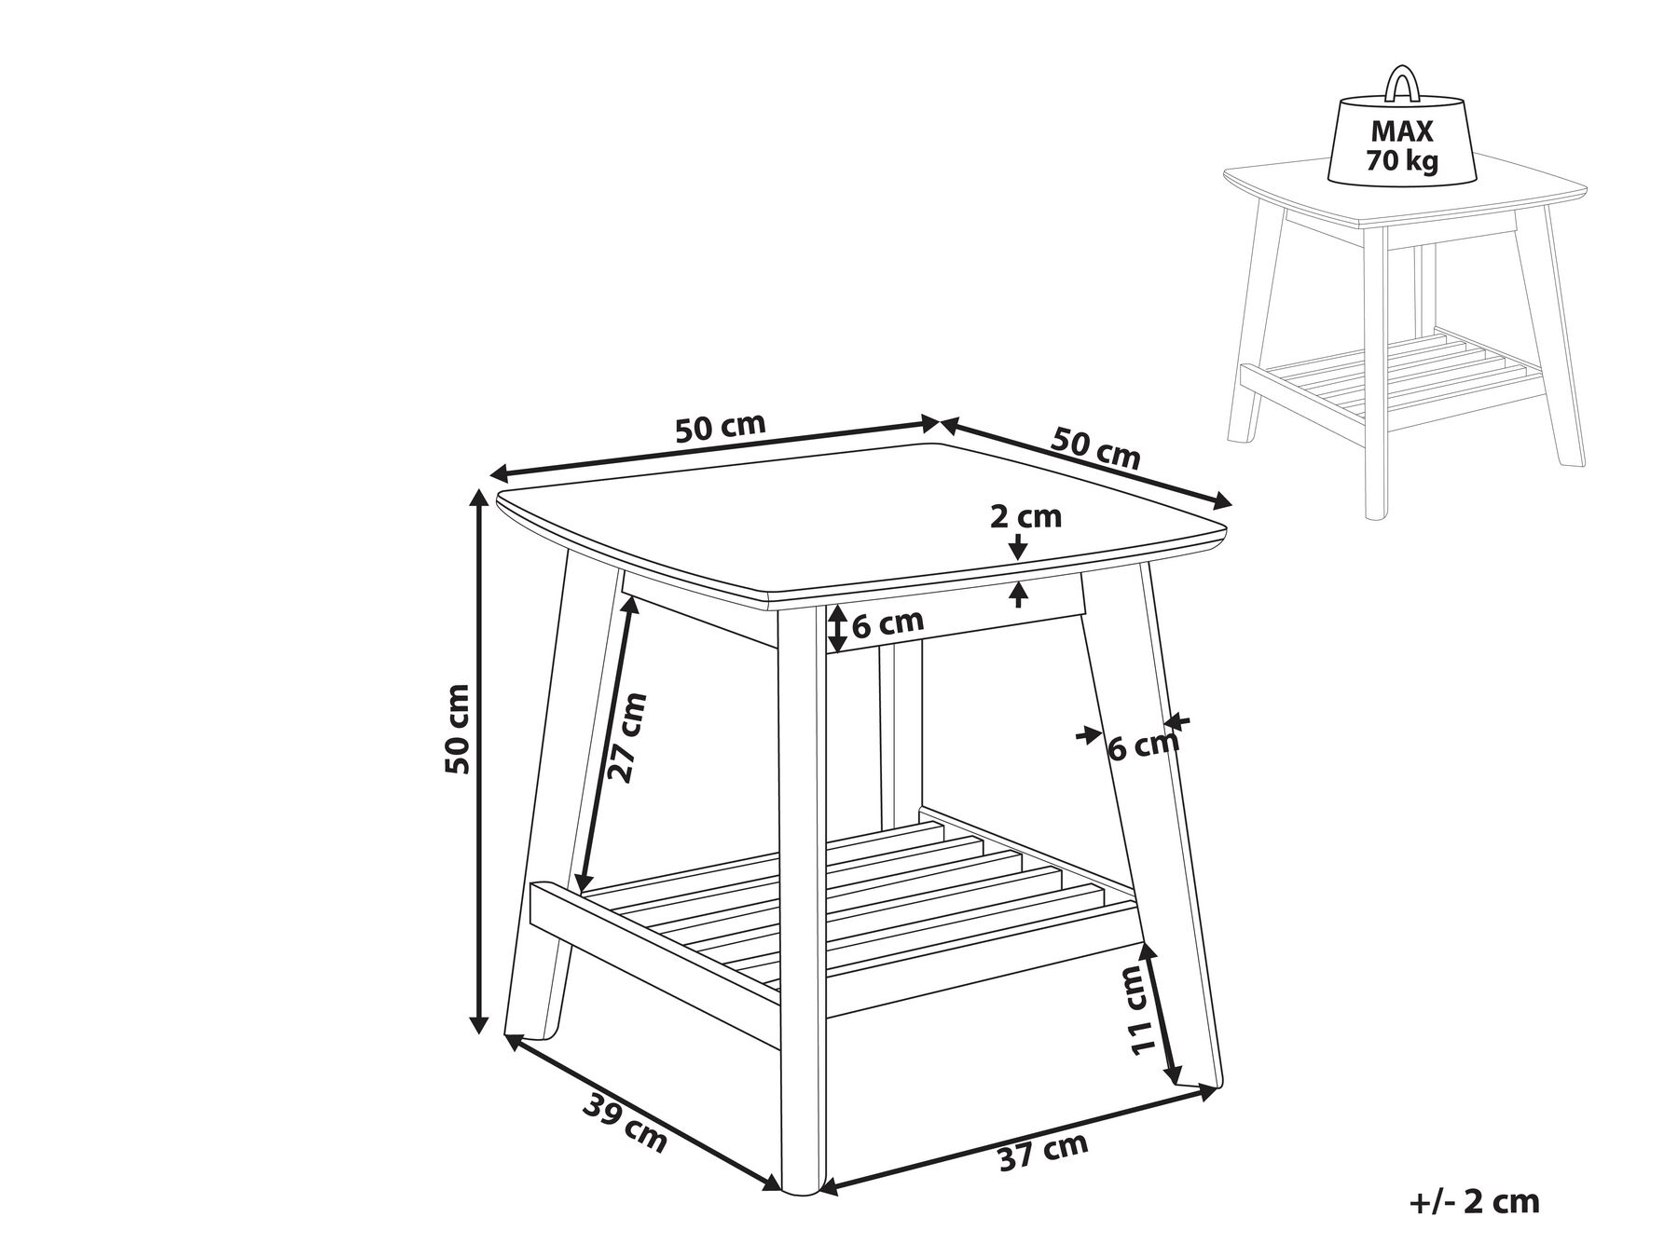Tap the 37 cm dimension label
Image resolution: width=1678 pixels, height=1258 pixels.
1043,1153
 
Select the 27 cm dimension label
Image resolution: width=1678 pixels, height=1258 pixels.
626,737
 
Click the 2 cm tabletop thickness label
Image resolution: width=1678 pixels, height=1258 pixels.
1025,516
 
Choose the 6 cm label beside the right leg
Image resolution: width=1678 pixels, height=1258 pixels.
1143,745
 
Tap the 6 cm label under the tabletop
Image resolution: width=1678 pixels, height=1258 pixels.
887,622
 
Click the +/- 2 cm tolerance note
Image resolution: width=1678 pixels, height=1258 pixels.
1474,1201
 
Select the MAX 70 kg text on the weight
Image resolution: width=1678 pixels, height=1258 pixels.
1401,146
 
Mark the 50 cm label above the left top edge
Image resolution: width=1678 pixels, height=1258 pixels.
720,428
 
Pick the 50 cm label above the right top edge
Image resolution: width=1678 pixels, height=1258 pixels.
1096,448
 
